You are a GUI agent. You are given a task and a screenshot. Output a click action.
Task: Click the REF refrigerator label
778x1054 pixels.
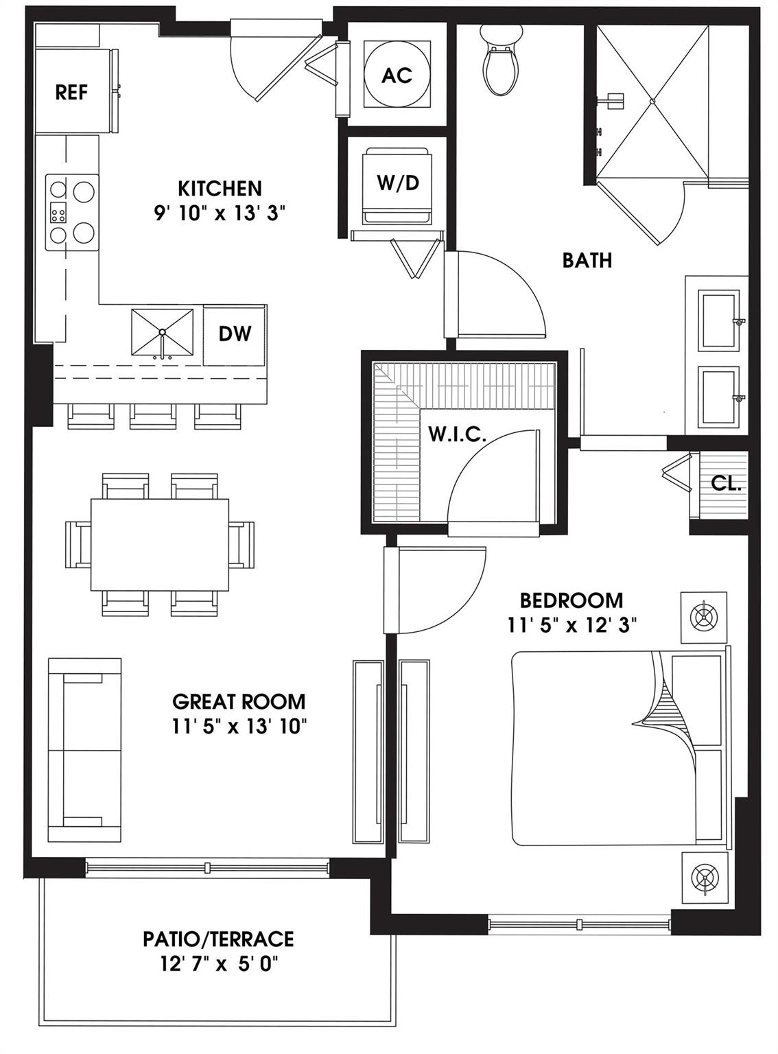(x=71, y=92)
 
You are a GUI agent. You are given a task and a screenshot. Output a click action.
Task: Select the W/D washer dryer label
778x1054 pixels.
(x=399, y=183)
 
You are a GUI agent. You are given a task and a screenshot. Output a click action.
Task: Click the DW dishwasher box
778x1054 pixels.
(x=235, y=336)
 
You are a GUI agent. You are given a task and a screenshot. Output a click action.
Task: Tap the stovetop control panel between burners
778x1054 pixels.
(x=58, y=213)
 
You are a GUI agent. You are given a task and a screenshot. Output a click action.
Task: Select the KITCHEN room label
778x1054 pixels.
(x=220, y=189)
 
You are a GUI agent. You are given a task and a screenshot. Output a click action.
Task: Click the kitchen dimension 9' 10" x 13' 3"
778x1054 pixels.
(x=220, y=213)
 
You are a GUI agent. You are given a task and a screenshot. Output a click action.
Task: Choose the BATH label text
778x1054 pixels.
(x=587, y=260)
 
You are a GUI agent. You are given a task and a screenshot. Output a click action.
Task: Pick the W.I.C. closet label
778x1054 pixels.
(x=457, y=435)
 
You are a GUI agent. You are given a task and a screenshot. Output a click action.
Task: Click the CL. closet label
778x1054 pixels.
(x=726, y=484)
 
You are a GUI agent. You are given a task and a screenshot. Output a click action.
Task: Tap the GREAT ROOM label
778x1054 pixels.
(x=239, y=702)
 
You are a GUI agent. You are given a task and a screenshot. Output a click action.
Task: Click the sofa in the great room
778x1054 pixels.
(x=84, y=750)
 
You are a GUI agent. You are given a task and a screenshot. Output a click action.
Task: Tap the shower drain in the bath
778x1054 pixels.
(x=652, y=102)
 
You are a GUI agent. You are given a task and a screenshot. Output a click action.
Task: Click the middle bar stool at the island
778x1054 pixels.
(x=152, y=417)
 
